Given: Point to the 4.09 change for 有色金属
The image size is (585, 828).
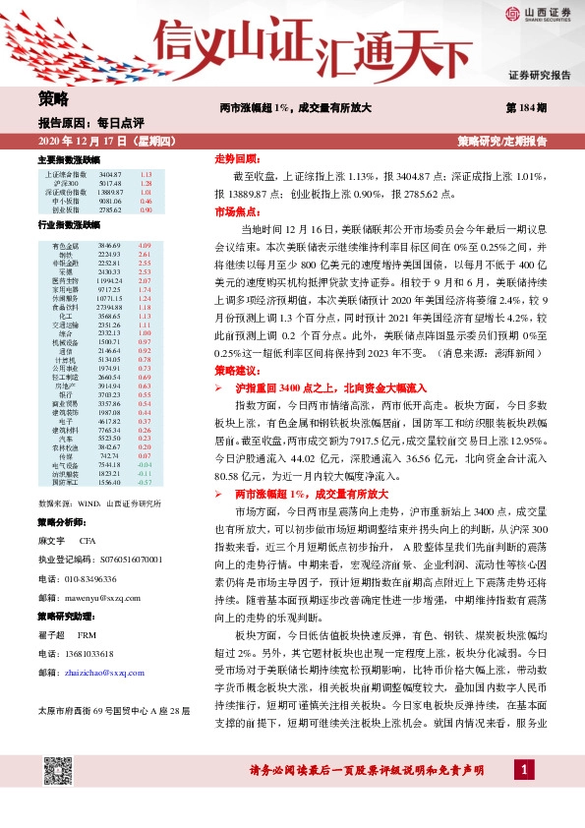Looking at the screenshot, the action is (146, 244).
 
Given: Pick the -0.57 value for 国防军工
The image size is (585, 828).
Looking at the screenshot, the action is (146, 481).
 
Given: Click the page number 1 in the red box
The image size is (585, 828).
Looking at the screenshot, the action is (527, 796).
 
